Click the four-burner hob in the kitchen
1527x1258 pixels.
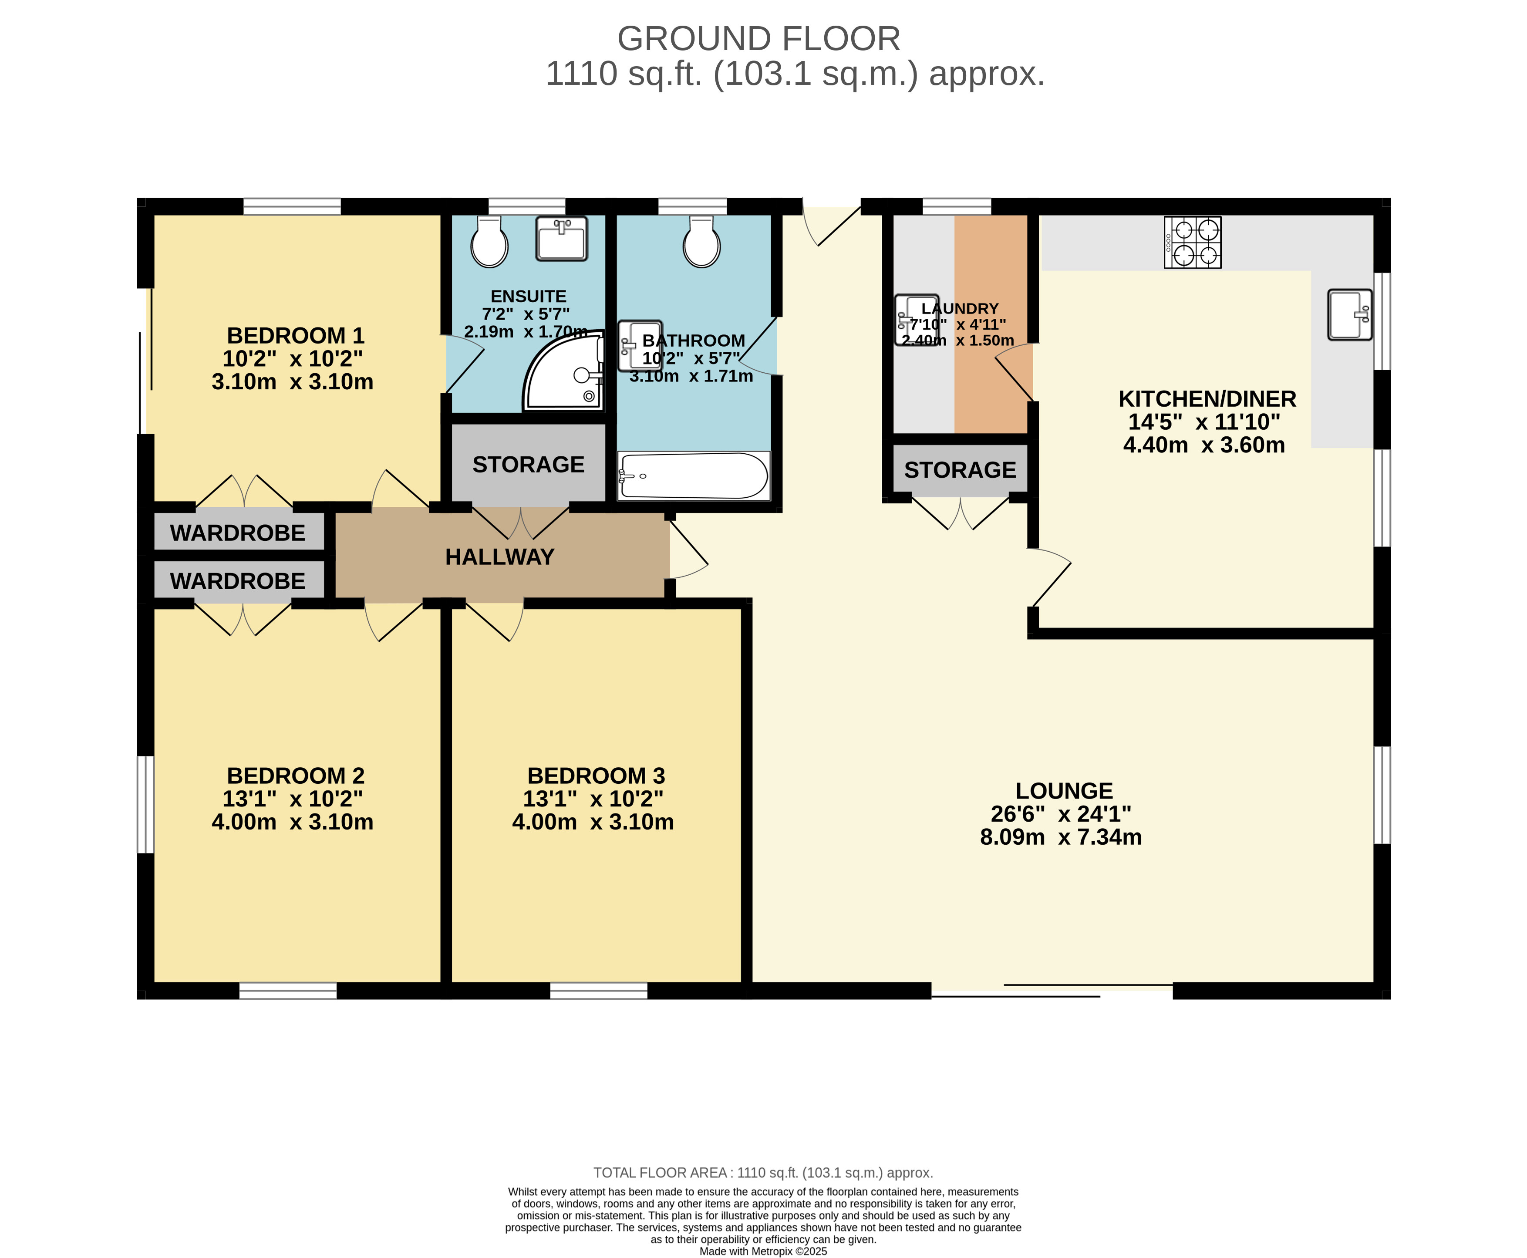pyautogui.click(x=1192, y=242)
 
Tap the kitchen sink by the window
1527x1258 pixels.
pyautogui.click(x=1349, y=314)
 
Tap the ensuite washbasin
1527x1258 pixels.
pyautogui.click(x=562, y=239)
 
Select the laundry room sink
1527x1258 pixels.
pyautogui.click(x=917, y=320)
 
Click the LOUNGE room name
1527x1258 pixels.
pyautogui.click(x=1064, y=791)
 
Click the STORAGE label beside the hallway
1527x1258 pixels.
pyautogui.click(x=528, y=465)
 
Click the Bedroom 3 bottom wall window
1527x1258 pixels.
pyautogui.click(x=599, y=991)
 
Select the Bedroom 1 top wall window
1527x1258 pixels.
pyautogui.click(x=292, y=206)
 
